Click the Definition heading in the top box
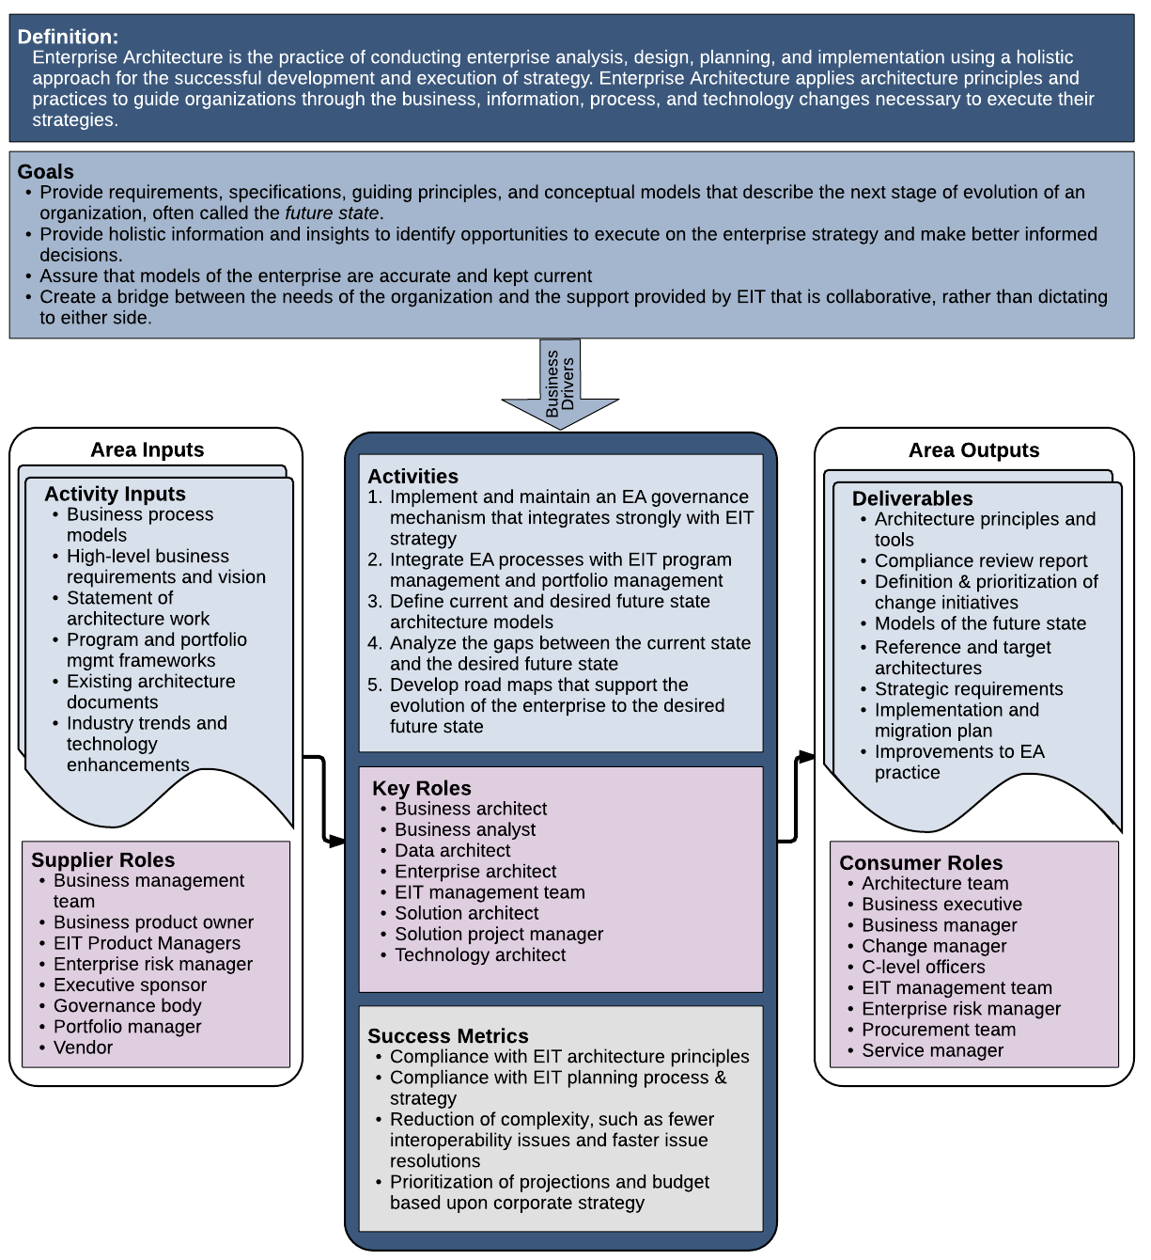pyautogui.click(x=68, y=37)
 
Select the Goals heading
pyautogui.click(x=45, y=171)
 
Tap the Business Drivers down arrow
pyautogui.click(x=559, y=384)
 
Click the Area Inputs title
pyautogui.click(x=147, y=449)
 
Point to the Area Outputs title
pyautogui.click(x=973, y=450)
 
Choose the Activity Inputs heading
pyautogui.click(x=115, y=494)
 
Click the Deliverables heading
pyautogui.click(x=911, y=498)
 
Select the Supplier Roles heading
pyautogui.click(x=103, y=859)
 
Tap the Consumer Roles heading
pyautogui.click(x=921, y=863)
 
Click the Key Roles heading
pyautogui.click(x=421, y=788)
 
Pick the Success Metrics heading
pyautogui.click(x=448, y=1036)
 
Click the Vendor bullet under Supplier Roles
pyautogui.click(x=83, y=1047)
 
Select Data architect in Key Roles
pyautogui.click(x=452, y=850)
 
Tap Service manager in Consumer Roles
pyautogui.click(x=932, y=1050)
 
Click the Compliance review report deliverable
pyautogui.click(x=981, y=561)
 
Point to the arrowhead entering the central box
pyautogui.click(x=338, y=841)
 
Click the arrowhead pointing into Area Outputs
pyautogui.click(x=806, y=757)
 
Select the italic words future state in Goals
pyautogui.click(x=332, y=213)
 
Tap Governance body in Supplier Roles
pyautogui.click(x=128, y=1005)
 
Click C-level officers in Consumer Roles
pyautogui.click(x=923, y=967)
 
